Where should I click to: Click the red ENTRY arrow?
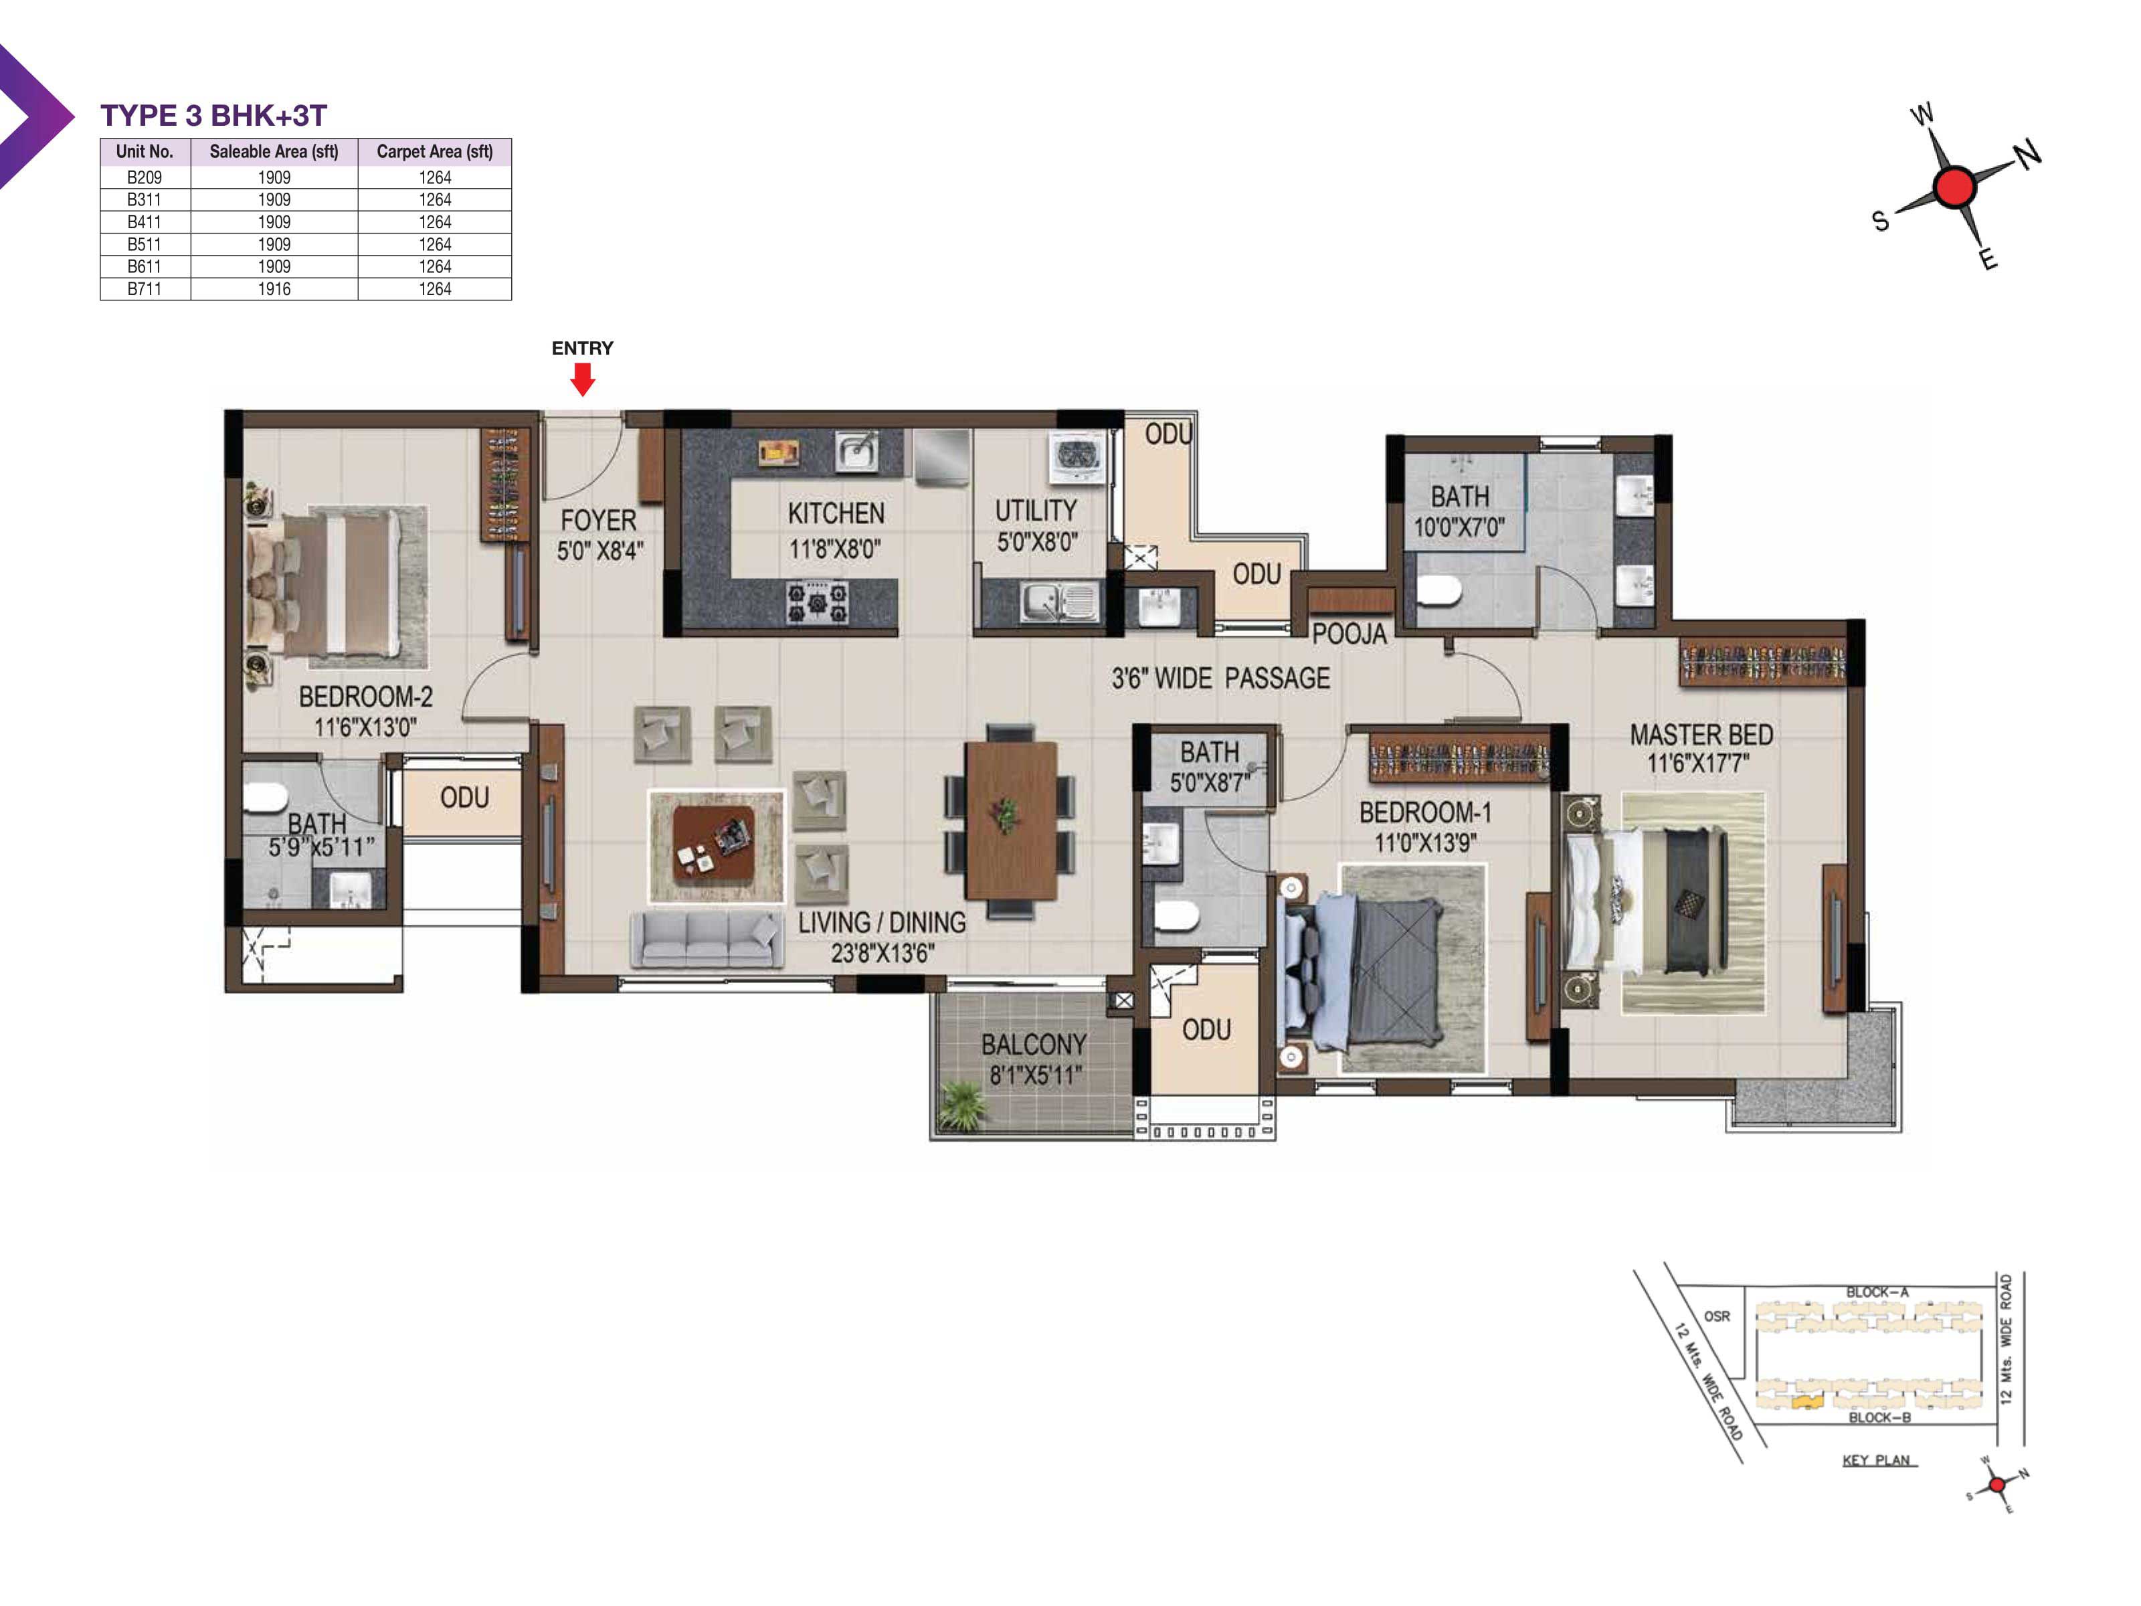coord(581,379)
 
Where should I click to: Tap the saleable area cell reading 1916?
coord(274,288)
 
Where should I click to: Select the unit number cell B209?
coord(145,177)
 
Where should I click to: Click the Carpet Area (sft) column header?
coord(435,152)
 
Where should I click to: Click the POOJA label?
coord(1349,634)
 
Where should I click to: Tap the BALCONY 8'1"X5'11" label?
coord(1034,1059)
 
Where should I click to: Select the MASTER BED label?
coord(1701,735)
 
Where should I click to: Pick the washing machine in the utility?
coord(1077,456)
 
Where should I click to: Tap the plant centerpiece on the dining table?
coord(1007,814)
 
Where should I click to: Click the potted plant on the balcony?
coord(963,1105)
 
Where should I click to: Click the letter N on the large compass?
coord(2028,153)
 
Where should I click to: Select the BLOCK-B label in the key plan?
coord(1879,1417)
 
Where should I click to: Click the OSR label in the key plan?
coord(1717,1316)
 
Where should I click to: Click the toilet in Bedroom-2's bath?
coord(264,798)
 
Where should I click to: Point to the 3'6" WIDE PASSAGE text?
coord(1220,678)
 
